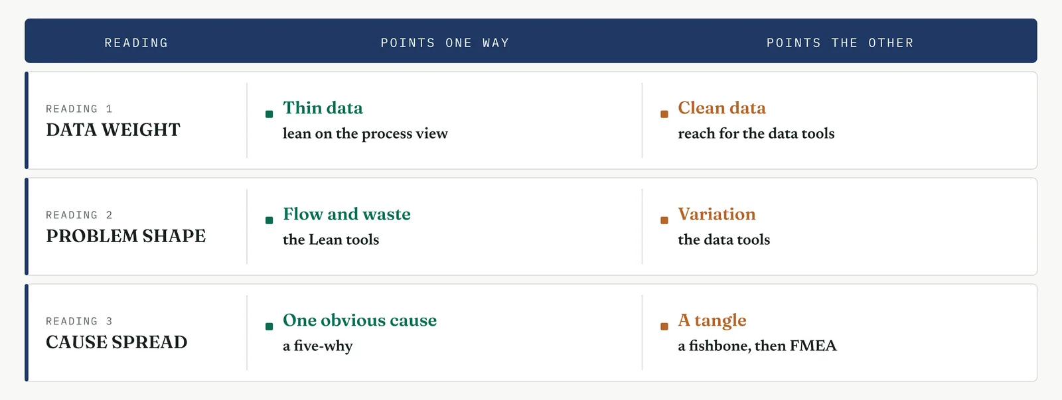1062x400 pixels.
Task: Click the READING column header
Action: [x=137, y=43]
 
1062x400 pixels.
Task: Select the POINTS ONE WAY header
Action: [x=445, y=43]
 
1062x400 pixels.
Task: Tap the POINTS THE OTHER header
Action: [x=840, y=43]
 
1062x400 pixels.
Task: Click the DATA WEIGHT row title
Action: [x=113, y=130]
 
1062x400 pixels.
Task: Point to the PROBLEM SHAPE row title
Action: [x=125, y=236]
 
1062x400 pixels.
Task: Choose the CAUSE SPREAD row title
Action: [x=117, y=342]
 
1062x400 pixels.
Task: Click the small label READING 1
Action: [x=79, y=109]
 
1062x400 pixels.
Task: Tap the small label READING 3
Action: [x=79, y=321]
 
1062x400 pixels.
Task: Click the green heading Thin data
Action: [x=323, y=108]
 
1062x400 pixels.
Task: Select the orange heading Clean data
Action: [x=721, y=108]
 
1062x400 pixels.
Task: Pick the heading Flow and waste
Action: [x=346, y=214]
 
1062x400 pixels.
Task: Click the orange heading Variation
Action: [x=716, y=214]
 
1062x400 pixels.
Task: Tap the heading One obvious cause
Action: [x=360, y=320]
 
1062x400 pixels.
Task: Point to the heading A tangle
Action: [x=712, y=321]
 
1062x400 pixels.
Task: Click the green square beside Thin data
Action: [x=269, y=114]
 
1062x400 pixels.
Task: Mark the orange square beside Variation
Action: [x=664, y=220]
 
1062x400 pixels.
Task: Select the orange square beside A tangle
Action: [x=664, y=326]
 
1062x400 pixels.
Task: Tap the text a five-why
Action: [x=318, y=346]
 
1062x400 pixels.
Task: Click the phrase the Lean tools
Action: [x=331, y=240]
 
